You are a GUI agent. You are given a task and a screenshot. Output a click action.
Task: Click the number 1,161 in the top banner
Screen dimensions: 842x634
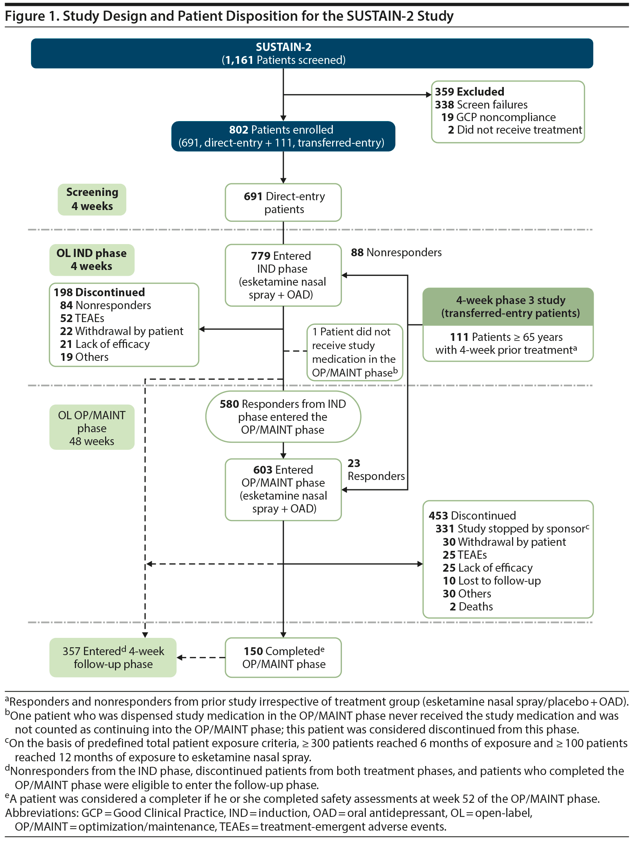tap(239, 60)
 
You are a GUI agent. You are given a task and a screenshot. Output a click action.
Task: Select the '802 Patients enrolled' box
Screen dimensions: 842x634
tap(283, 136)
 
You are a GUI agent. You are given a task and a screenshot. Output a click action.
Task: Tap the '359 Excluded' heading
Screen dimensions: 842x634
tap(469, 92)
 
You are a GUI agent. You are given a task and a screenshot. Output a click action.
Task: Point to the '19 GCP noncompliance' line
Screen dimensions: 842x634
tap(498, 117)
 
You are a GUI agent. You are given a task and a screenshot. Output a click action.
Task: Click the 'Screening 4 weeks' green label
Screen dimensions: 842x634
tap(92, 199)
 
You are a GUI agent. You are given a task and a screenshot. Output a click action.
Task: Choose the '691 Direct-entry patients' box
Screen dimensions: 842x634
tap(283, 203)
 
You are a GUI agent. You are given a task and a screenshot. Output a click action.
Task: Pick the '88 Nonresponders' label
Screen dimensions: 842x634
tap(396, 252)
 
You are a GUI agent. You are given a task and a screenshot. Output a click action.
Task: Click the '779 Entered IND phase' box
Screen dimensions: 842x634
tap(283, 275)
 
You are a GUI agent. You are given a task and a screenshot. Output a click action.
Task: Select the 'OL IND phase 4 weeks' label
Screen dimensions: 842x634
tap(92, 260)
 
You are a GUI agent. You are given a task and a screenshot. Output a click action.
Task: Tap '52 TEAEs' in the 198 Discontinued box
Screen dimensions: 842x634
tap(82, 318)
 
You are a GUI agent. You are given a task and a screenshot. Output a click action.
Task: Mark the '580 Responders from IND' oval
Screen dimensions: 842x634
tap(283, 416)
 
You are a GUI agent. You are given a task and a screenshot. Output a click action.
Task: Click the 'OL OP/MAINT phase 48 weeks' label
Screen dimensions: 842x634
tap(92, 427)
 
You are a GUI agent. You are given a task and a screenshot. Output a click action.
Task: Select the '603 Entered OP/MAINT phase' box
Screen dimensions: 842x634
tap(283, 489)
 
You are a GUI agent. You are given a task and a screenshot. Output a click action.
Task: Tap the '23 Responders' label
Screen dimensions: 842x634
tap(376, 470)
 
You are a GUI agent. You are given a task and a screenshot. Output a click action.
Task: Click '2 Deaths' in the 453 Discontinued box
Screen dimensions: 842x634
tap(471, 607)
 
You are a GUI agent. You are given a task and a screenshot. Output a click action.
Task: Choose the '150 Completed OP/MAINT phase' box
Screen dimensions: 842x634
tap(283, 657)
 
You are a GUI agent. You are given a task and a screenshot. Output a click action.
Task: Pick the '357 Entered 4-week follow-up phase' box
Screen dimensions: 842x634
tap(113, 657)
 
